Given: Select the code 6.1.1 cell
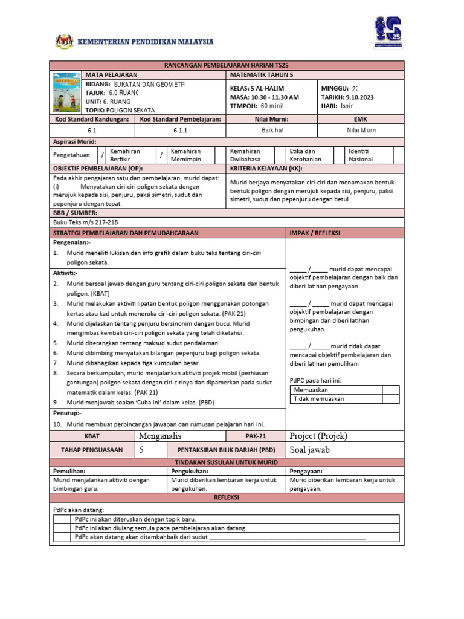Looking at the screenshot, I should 181,131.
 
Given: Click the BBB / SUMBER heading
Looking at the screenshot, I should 76,213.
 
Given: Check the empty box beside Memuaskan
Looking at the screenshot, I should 391,390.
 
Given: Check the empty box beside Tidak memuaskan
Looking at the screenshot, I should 391,399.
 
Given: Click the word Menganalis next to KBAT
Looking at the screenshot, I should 160,436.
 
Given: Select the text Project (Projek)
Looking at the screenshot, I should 318,436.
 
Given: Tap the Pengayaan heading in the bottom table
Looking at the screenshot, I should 306,470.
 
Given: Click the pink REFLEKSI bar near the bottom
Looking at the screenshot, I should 227,497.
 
